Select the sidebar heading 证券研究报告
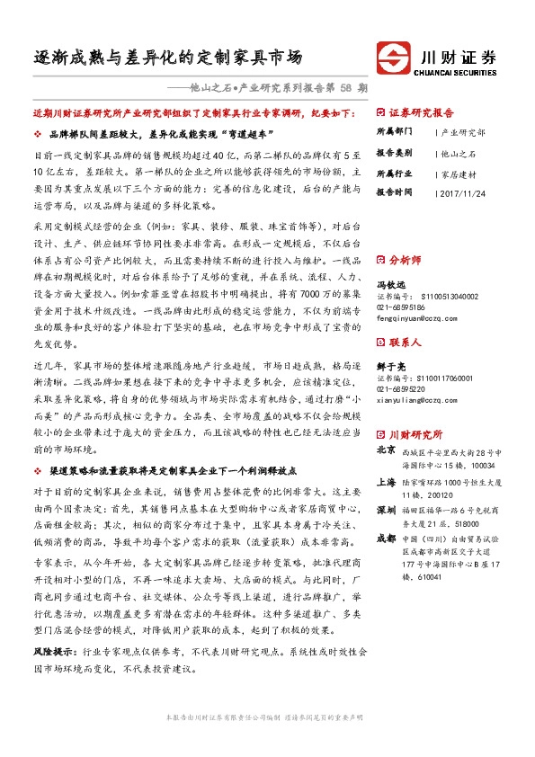pos(422,114)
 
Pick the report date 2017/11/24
pos(465,192)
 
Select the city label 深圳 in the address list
pos(386,508)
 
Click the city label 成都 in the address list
pos(386,538)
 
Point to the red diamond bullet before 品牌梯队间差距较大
pos(36,133)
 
